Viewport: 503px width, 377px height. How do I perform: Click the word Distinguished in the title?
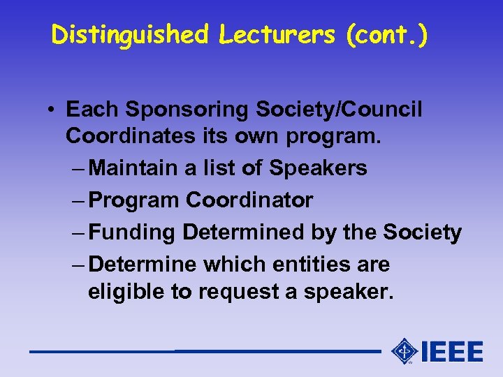click(130, 34)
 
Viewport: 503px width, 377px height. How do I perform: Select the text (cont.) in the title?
click(387, 34)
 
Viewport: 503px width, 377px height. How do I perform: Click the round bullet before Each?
click(53, 110)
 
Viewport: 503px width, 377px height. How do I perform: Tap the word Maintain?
click(133, 168)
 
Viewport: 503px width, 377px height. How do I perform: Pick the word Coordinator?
click(249, 200)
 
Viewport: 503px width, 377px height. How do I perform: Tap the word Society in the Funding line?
click(423, 232)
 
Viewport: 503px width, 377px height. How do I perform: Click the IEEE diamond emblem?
click(404, 350)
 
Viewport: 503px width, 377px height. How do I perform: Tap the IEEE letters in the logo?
click(451, 351)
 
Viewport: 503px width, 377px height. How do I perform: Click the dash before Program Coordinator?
click(78, 201)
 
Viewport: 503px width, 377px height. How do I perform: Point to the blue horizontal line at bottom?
click(203, 351)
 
